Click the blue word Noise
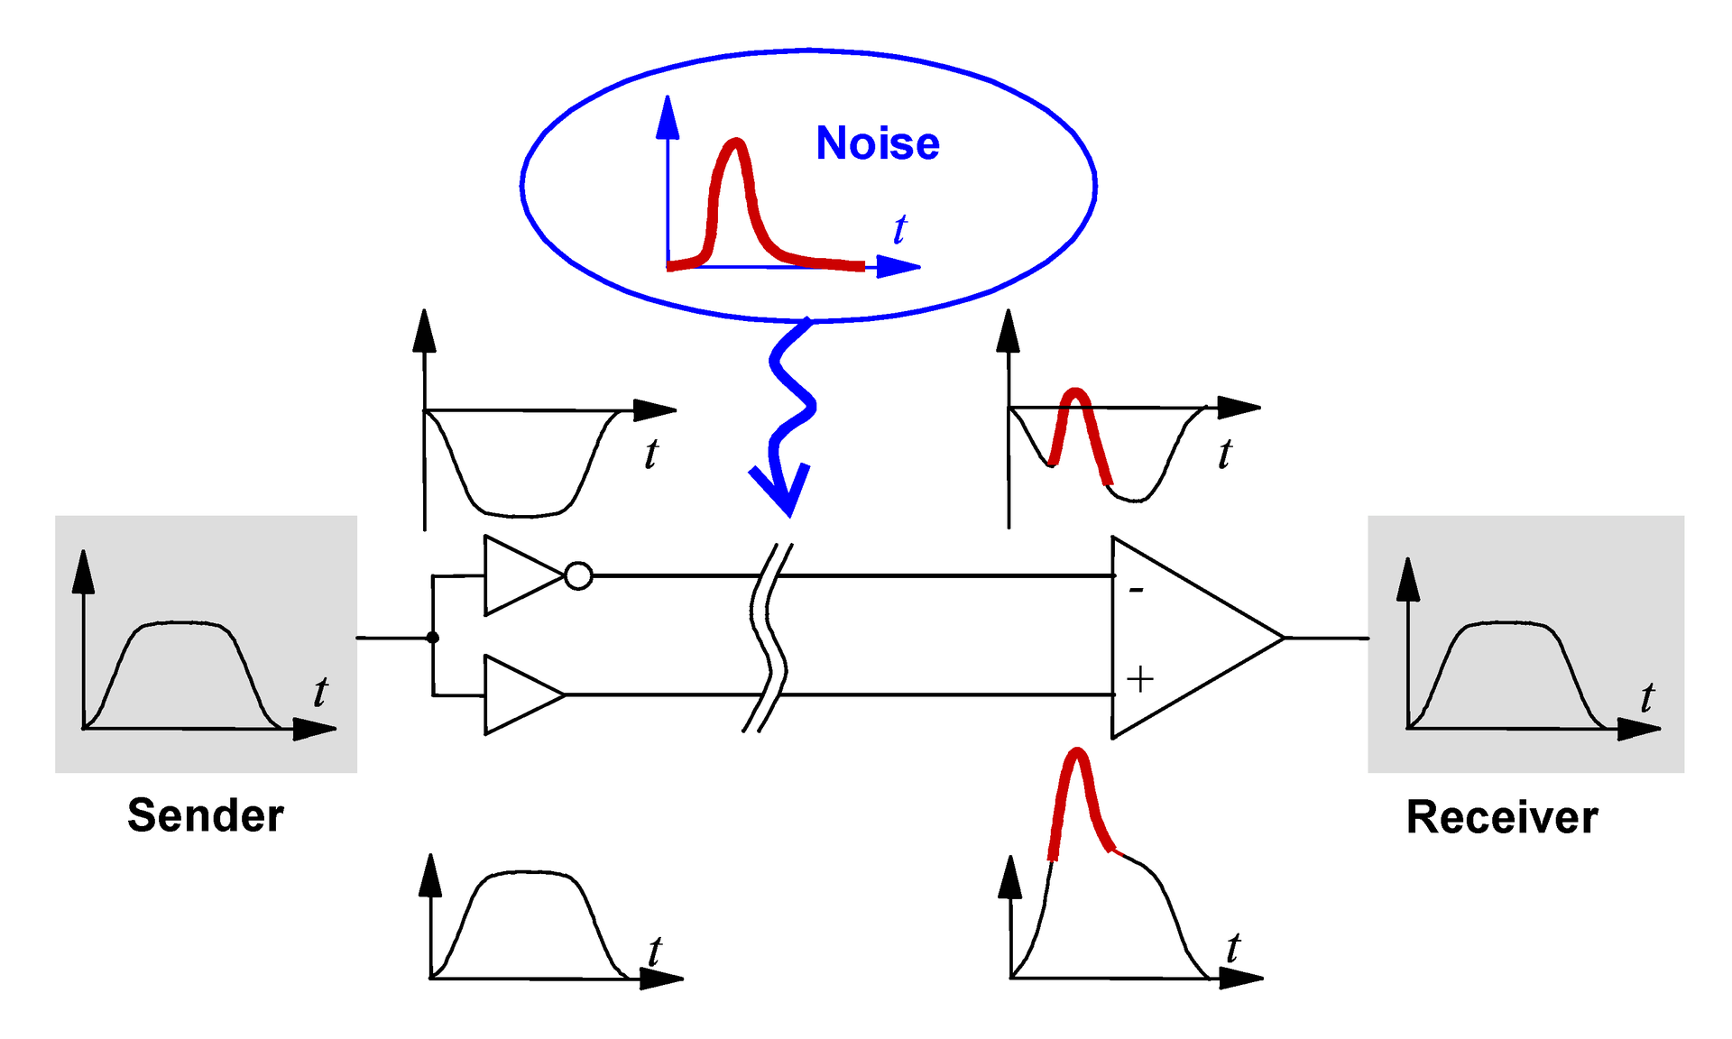(x=877, y=143)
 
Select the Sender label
(x=206, y=815)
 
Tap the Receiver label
(x=1502, y=817)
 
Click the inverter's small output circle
(x=578, y=575)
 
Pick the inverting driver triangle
(x=519, y=575)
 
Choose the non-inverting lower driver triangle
(x=519, y=694)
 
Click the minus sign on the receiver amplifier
(x=1137, y=591)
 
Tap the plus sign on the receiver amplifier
(x=1140, y=679)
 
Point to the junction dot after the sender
(x=433, y=638)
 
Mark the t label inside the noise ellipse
(x=899, y=230)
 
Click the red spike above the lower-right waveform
(x=1076, y=794)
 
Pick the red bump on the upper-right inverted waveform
(x=1076, y=424)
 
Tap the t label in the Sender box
(x=320, y=693)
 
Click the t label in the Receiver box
(x=1647, y=697)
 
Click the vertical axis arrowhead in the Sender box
(x=83, y=572)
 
